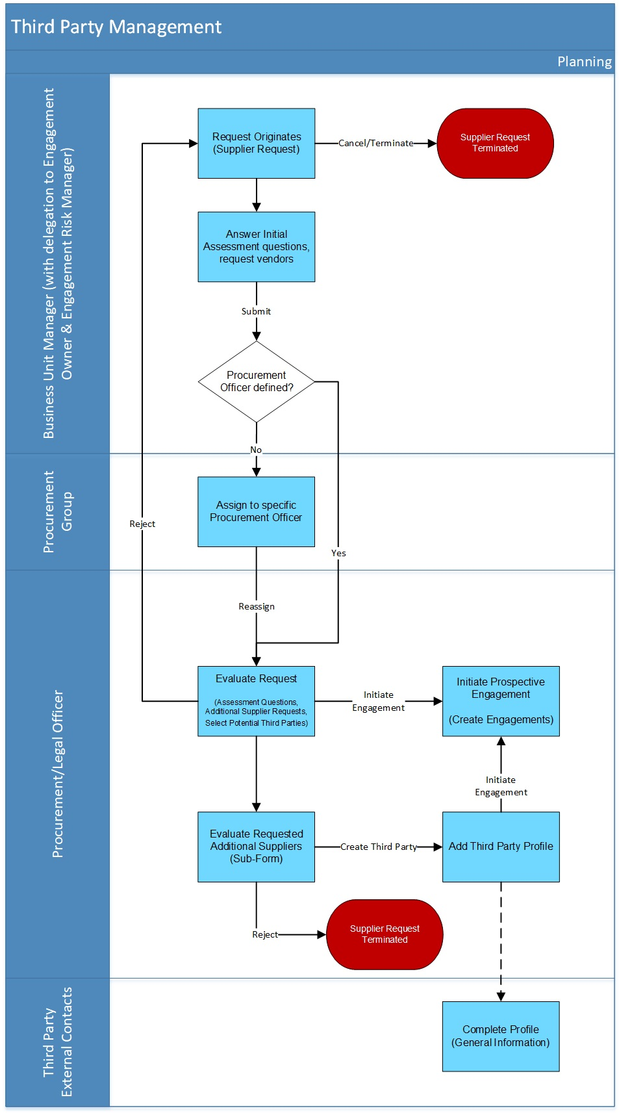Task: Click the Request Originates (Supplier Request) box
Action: click(256, 143)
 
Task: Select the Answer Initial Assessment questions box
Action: click(256, 246)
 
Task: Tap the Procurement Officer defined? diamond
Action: click(256, 381)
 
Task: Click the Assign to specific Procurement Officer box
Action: click(256, 511)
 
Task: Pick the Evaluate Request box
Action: click(256, 700)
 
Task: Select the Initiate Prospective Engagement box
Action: click(500, 700)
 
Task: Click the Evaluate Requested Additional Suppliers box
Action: click(256, 846)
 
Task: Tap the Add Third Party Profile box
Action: click(500, 846)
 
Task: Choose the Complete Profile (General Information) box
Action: click(500, 1036)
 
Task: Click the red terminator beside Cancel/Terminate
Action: click(495, 143)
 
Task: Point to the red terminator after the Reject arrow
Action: click(385, 934)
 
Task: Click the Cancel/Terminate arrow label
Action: click(375, 143)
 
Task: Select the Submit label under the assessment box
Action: click(256, 311)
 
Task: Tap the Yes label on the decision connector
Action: click(338, 553)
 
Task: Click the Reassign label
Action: click(256, 606)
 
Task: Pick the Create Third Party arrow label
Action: click(378, 847)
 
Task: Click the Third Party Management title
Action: click(116, 27)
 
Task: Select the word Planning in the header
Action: click(584, 62)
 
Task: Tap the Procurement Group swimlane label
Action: click(58, 511)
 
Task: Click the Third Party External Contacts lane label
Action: click(58, 1042)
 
